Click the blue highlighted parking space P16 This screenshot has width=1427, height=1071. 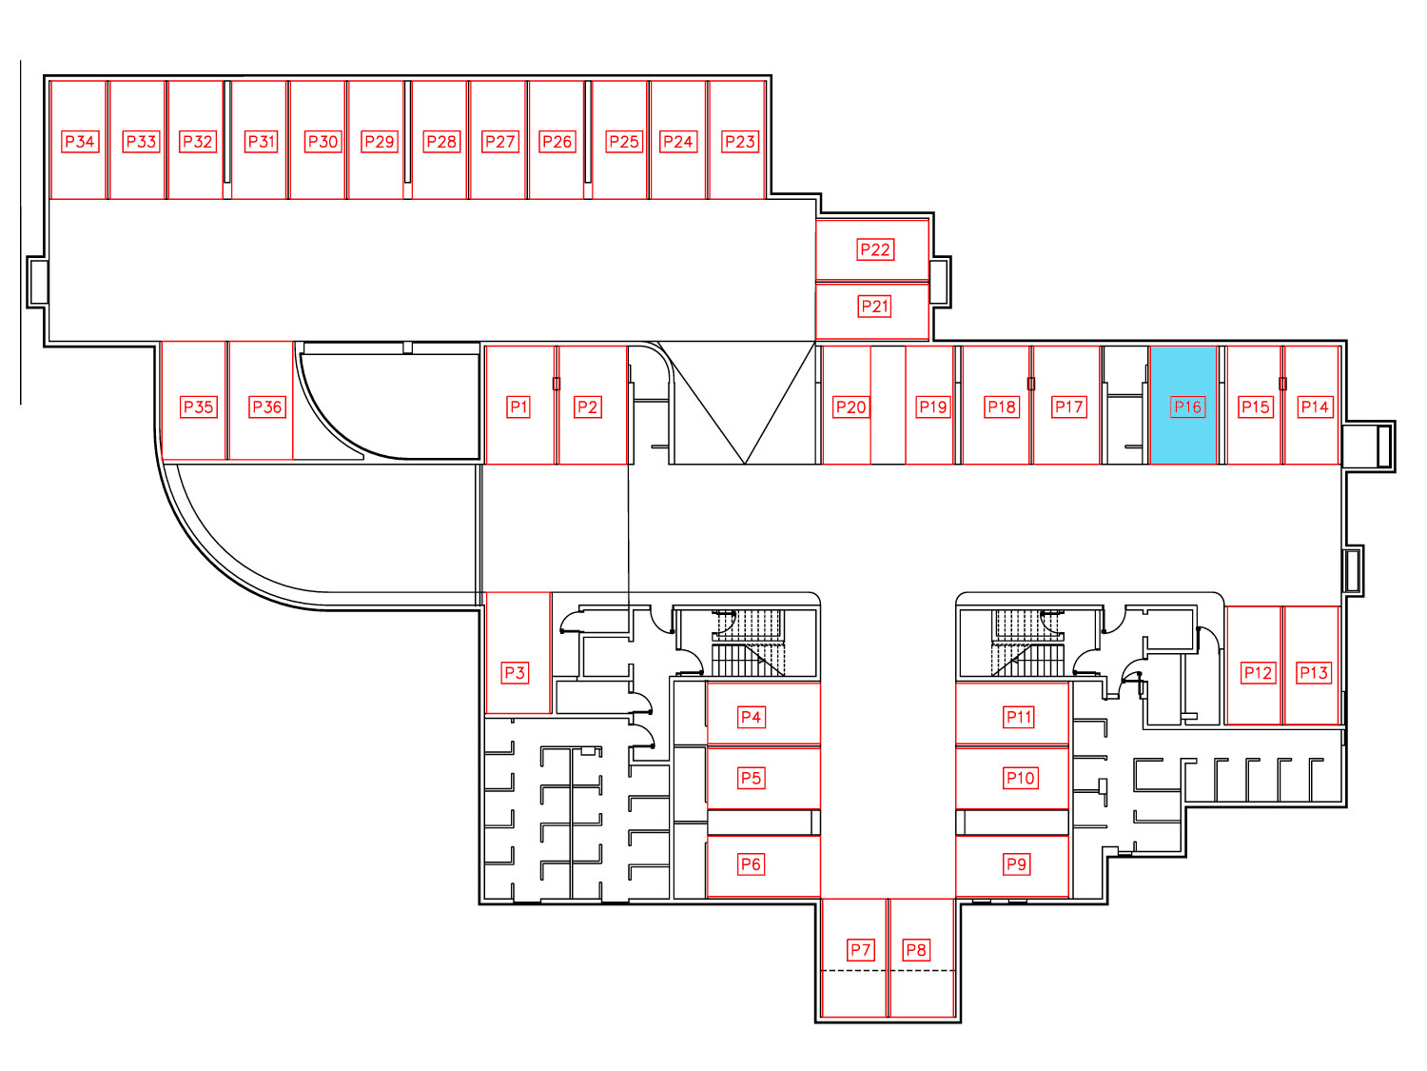point(1183,405)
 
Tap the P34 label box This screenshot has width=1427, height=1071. point(80,141)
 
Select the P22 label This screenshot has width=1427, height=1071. point(874,249)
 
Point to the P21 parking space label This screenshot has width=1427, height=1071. point(874,306)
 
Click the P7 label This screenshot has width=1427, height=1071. point(860,949)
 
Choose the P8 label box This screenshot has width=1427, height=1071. point(916,949)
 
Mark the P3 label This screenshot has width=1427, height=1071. point(515,672)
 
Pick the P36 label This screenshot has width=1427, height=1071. point(267,407)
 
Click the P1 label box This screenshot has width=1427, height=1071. point(518,407)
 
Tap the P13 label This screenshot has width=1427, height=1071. point(1313,672)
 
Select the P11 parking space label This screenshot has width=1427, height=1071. point(1018,717)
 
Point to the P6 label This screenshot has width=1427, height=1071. point(751,863)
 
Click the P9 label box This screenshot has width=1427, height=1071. point(1015,863)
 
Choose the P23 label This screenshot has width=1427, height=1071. point(740,141)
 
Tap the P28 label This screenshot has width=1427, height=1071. point(440,141)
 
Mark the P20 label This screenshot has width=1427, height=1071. point(850,407)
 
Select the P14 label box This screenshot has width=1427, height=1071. point(1314,407)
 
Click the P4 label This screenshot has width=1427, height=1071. point(751,717)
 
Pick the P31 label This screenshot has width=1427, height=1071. point(261,141)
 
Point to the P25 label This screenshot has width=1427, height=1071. point(623,141)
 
